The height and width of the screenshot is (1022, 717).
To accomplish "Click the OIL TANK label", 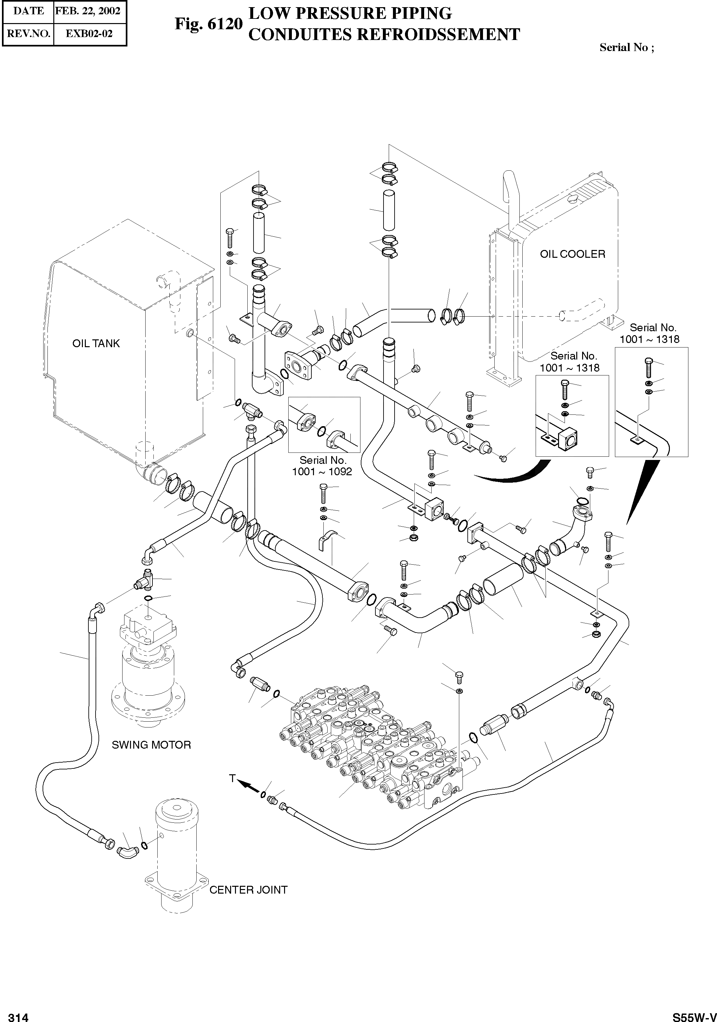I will pyautogui.click(x=96, y=344).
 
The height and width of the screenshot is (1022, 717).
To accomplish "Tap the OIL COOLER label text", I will pyautogui.click(x=572, y=254).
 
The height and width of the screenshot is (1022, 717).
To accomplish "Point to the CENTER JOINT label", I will pyautogui.click(x=248, y=890).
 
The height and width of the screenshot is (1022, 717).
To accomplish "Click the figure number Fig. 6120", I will pyautogui.click(x=208, y=24).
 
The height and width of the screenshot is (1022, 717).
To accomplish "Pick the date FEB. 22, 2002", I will pyautogui.click(x=88, y=11).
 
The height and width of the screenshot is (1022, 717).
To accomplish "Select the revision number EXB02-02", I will pyautogui.click(x=89, y=33).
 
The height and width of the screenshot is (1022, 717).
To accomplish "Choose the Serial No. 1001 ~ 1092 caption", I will pyautogui.click(x=322, y=466).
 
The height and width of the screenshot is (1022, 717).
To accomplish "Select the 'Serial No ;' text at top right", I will pyautogui.click(x=627, y=48).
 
